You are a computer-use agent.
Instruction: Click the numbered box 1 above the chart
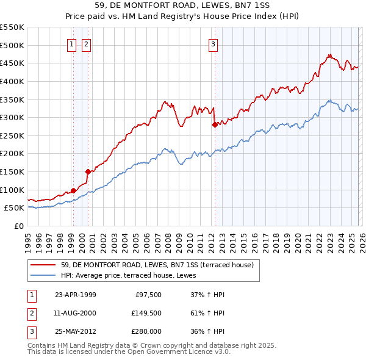[x=72, y=44]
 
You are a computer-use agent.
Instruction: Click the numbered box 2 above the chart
[x=86, y=44]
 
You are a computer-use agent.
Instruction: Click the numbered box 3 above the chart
[x=213, y=44]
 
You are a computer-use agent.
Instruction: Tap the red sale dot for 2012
[x=215, y=124]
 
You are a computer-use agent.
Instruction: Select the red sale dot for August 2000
[x=88, y=171]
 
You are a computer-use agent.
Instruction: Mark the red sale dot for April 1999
[x=73, y=190]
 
